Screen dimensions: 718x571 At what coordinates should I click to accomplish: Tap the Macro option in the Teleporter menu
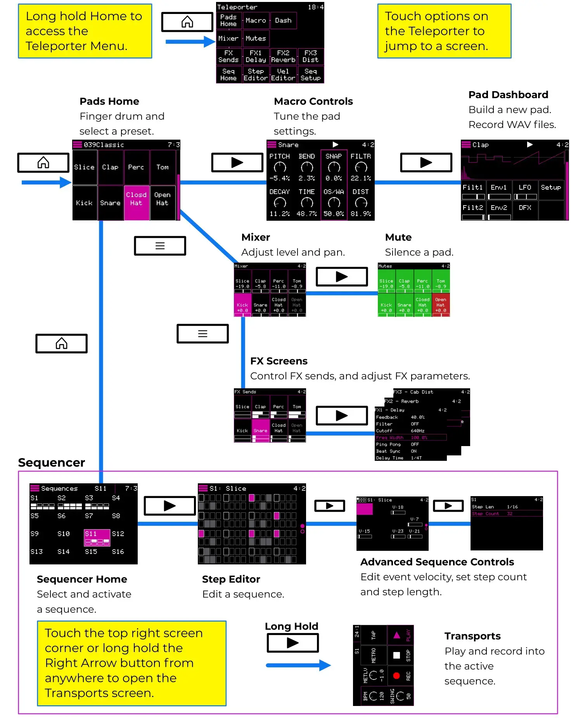[256, 21]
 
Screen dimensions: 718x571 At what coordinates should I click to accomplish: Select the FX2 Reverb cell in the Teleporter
[283, 56]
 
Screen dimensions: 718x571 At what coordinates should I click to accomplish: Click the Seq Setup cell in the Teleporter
[310, 74]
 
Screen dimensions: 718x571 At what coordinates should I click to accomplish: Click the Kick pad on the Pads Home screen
[84, 203]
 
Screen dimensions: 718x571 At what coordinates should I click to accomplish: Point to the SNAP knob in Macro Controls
[334, 167]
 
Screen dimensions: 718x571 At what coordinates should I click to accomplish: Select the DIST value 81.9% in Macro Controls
[361, 214]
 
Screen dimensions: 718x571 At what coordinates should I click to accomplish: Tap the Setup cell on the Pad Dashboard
[551, 188]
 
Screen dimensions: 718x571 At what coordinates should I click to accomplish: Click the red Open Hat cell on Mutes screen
[441, 305]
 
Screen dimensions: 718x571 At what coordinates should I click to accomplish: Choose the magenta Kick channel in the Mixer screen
[242, 305]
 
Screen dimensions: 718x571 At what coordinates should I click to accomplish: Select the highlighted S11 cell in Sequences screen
[97, 538]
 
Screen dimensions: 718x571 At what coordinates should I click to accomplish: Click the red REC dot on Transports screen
[396, 676]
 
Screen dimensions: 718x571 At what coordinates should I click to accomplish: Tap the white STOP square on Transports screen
[396, 655]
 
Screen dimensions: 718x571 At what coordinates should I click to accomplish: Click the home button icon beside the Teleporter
[187, 22]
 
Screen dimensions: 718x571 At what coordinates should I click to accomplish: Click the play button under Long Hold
[292, 643]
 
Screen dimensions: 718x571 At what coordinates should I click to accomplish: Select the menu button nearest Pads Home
[160, 246]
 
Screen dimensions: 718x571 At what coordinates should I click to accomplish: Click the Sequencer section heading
[51, 462]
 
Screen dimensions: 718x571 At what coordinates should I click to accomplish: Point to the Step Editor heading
[231, 579]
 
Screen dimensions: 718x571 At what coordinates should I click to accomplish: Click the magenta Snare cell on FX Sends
[261, 430]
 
